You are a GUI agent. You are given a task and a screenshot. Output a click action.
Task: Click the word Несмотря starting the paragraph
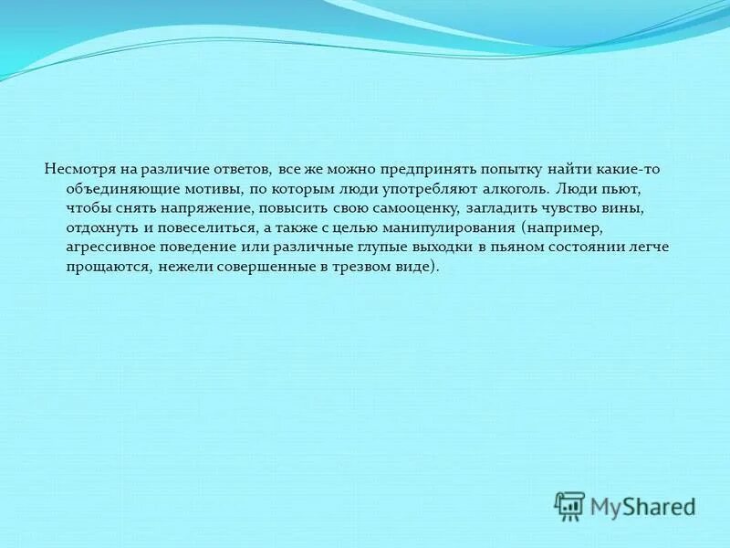(x=76, y=170)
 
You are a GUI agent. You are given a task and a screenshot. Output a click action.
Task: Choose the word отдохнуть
(x=99, y=228)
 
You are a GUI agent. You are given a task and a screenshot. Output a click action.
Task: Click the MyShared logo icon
(x=569, y=505)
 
